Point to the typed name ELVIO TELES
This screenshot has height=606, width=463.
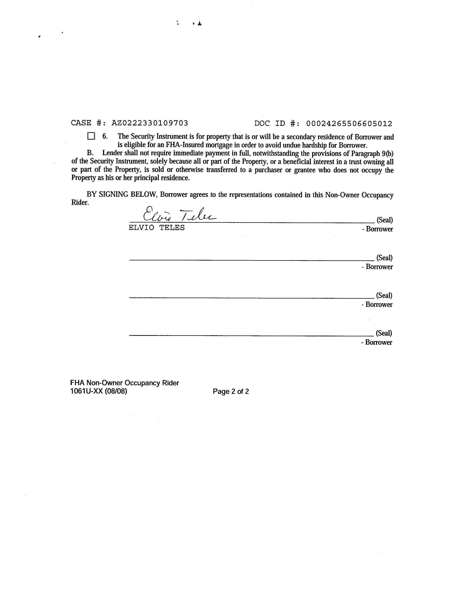157,228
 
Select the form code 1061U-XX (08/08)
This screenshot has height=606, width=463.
99,391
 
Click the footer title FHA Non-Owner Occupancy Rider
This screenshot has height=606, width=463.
125,383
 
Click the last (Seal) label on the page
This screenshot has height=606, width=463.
384,333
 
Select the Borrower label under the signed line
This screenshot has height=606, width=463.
379,229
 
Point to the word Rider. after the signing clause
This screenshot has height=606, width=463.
80,203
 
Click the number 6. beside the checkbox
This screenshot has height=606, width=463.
105,136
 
